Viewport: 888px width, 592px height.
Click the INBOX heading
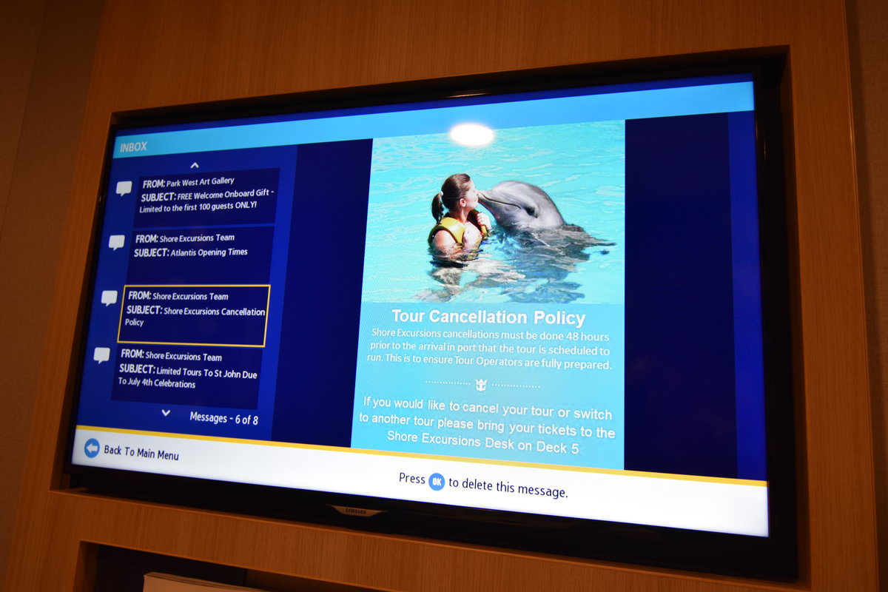(134, 147)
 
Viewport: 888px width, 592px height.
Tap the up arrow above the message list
(195, 165)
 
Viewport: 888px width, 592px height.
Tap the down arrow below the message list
(166, 413)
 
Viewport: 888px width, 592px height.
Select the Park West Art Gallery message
(206, 195)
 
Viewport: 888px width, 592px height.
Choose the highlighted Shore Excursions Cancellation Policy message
(194, 315)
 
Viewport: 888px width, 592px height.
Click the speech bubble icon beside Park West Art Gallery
(124, 188)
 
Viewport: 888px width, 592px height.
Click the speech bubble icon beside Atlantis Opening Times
(117, 242)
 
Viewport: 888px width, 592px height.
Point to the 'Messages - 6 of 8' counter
(224, 418)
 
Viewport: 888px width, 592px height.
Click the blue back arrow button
(92, 448)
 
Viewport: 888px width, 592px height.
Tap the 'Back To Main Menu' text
(141, 453)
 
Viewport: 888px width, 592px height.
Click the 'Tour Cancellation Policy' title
(488, 317)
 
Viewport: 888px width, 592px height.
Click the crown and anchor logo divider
(481, 385)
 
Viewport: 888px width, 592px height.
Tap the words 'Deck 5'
(558, 447)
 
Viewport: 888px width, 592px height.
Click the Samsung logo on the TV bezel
(356, 511)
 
